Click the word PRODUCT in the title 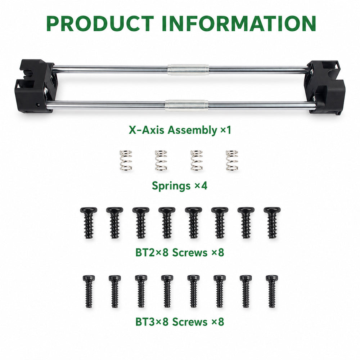click(x=100, y=23)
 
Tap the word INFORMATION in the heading click(x=239, y=23)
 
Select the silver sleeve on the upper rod click(x=188, y=70)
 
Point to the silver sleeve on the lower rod click(x=186, y=105)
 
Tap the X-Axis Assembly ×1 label click(x=180, y=130)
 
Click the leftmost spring click(x=126, y=161)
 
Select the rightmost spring click(x=232, y=161)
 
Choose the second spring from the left click(x=161, y=161)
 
